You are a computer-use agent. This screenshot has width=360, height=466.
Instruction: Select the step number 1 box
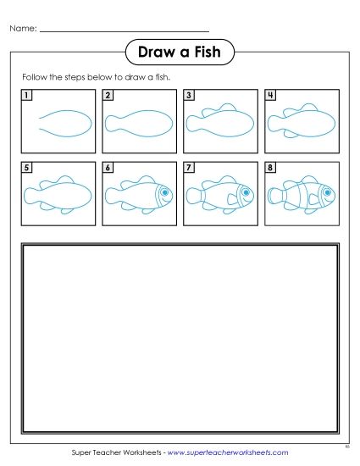coord(28,95)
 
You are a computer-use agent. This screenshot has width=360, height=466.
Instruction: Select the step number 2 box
coord(108,95)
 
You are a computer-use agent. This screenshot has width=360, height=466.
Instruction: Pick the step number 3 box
coord(189,95)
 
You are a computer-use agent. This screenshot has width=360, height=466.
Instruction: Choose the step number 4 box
coord(270,95)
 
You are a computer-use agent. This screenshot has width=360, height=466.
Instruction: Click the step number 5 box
coord(28,168)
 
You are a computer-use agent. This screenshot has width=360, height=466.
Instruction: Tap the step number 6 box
coord(108,168)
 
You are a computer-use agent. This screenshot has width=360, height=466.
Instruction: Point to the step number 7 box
coord(189,168)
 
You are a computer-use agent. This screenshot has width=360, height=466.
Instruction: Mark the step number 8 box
coord(270,168)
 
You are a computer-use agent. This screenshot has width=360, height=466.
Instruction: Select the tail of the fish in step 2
coord(111,125)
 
